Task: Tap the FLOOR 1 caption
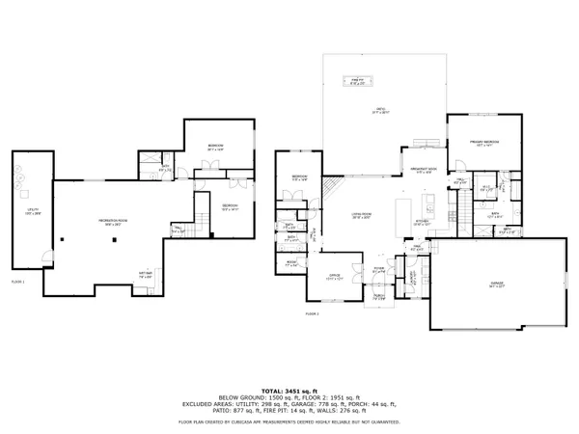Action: tap(16, 281)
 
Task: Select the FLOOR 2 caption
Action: tap(312, 313)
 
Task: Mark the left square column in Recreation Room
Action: tap(60, 239)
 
